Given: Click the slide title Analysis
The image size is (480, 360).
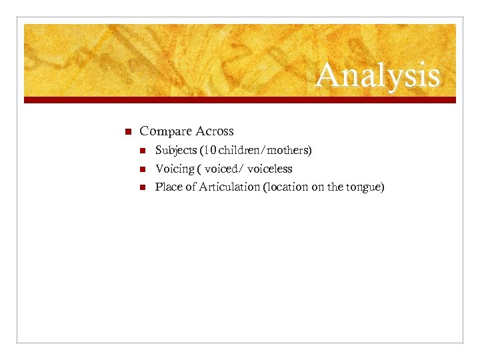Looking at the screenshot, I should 377,76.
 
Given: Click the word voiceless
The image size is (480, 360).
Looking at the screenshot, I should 269,169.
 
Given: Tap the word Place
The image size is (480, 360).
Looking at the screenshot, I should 167,187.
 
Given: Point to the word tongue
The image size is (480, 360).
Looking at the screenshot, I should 365,187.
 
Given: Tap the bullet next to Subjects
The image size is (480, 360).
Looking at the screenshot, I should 144,151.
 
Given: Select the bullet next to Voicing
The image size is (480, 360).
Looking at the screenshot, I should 144,169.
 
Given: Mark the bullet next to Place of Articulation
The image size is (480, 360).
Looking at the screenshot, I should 144,187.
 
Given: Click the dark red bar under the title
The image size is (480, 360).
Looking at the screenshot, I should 240,100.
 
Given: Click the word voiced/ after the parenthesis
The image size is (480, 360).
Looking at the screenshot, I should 225,169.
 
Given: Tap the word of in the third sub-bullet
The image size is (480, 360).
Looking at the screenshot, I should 189,187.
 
